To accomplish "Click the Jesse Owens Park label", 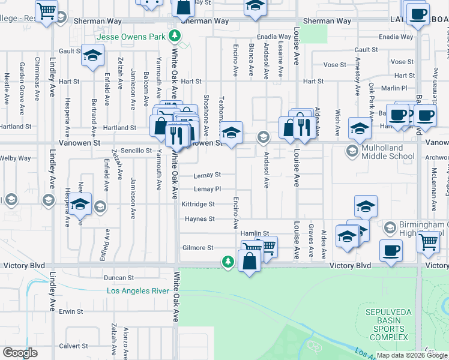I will [136, 37].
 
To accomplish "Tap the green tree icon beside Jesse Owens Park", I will [175, 35].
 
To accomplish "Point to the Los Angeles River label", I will [139, 291].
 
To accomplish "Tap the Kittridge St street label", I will [198, 204].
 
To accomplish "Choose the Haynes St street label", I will [199, 219].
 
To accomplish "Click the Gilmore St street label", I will [197, 248].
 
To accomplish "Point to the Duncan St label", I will [118, 278].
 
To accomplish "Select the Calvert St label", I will [73, 346].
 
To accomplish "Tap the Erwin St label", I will [70, 311].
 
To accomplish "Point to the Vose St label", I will [331, 65].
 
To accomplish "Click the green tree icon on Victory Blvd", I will [228, 261].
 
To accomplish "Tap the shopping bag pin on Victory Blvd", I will [249, 261].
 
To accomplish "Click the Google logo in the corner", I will [20, 352].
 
